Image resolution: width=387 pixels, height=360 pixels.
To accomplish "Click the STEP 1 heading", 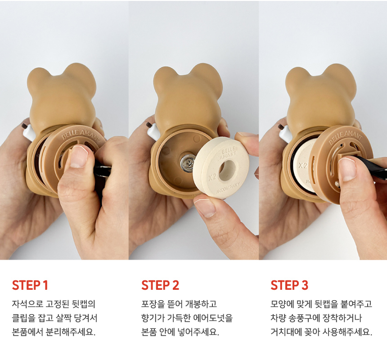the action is coord(30,285).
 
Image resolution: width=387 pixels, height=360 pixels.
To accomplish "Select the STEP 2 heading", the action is coord(160,285).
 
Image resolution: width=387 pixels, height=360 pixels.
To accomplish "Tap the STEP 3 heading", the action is coord(289,285).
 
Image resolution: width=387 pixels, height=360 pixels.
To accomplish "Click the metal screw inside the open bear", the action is coord(188,162).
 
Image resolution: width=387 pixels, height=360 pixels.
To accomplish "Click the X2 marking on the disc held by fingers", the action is coord(212,177).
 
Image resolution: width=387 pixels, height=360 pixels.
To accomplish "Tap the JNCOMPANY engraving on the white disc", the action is coord(228,188).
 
